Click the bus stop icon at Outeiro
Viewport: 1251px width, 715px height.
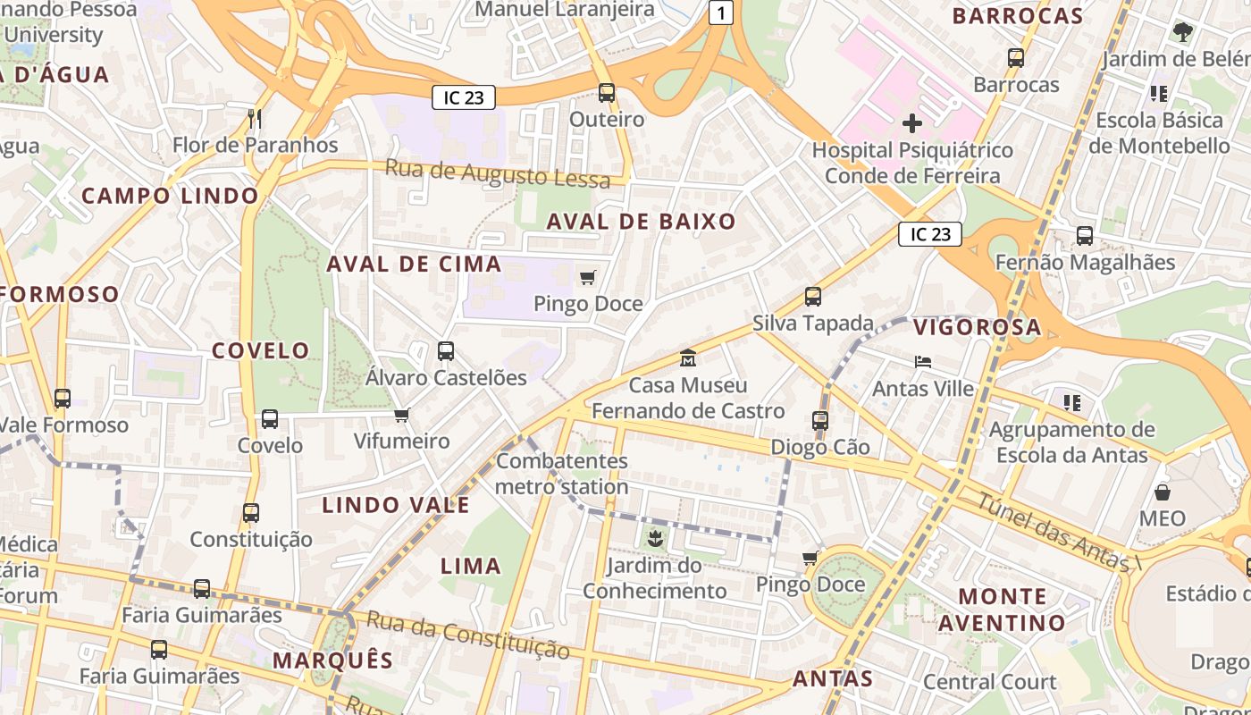[607, 92]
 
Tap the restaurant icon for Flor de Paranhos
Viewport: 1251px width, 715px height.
[255, 118]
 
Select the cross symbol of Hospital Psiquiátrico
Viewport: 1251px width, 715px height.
[912, 122]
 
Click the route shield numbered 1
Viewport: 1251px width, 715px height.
[721, 13]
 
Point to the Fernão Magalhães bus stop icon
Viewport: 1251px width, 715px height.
[1085, 236]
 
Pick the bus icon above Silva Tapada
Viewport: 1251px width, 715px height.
[813, 297]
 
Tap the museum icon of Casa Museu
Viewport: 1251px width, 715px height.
[688, 358]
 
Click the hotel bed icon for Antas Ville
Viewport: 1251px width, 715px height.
[924, 362]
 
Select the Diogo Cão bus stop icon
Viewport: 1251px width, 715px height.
[820, 420]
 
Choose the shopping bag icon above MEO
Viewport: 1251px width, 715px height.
[1163, 492]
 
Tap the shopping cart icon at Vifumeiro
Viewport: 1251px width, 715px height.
[401, 415]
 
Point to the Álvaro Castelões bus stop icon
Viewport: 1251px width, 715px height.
[446, 351]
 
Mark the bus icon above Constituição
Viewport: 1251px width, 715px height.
[251, 513]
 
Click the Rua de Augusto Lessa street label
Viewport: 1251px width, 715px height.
[498, 172]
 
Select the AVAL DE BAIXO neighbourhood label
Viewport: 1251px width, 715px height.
[641, 222]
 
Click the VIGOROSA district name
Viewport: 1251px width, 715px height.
[978, 327]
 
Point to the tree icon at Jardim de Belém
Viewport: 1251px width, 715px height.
[1183, 33]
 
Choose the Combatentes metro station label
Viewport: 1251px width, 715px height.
[562, 475]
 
